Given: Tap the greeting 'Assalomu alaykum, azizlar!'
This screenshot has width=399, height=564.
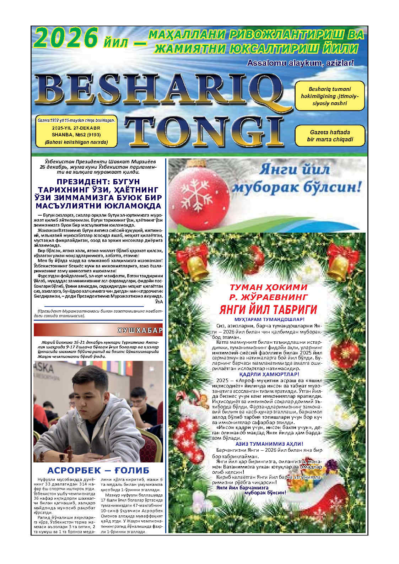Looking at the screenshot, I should (x=300, y=64).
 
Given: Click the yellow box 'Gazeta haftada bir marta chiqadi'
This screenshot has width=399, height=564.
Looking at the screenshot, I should (x=330, y=136).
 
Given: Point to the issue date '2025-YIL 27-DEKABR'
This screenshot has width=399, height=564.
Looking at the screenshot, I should (x=76, y=128).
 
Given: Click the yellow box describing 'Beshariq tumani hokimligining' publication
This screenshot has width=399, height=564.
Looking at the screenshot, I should (x=329, y=96).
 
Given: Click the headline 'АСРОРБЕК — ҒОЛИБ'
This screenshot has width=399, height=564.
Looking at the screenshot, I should (x=98, y=471).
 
